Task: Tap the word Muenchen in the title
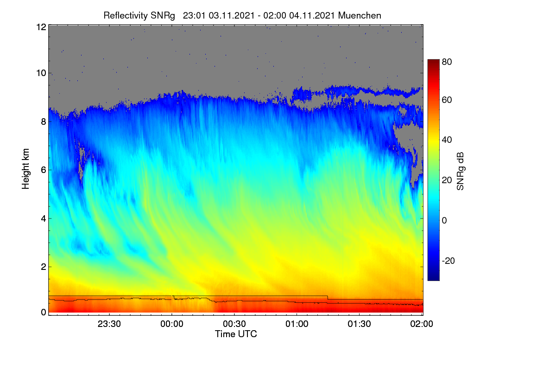pyautogui.click(x=360, y=15)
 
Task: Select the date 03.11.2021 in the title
pyautogui.click(x=232, y=15)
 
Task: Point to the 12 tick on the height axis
pyautogui.click(x=41, y=27)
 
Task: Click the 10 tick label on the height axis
pyautogui.click(x=41, y=73)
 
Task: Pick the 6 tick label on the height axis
pyautogui.click(x=44, y=170)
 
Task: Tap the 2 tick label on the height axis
pyautogui.click(x=44, y=267)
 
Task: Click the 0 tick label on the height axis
pyautogui.click(x=44, y=312)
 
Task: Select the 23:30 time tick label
pyautogui.click(x=109, y=324)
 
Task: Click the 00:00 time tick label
pyautogui.click(x=172, y=324)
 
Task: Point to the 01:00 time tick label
pyautogui.click(x=297, y=324)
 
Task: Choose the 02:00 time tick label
pyautogui.click(x=422, y=324)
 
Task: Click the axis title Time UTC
pyautogui.click(x=236, y=334)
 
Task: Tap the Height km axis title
pyautogui.click(x=25, y=169)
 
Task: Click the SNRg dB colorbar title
pyautogui.click(x=460, y=172)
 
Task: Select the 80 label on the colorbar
pyautogui.click(x=447, y=62)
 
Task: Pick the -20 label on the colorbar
pyautogui.click(x=449, y=261)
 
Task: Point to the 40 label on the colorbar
pyautogui.click(x=447, y=140)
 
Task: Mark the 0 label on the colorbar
pyautogui.click(x=444, y=220)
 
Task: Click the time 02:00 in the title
pyautogui.click(x=275, y=15)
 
